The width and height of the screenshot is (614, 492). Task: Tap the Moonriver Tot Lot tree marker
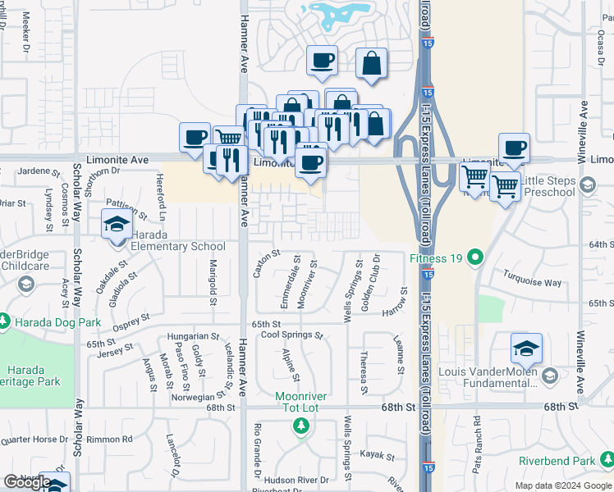pos(301,426)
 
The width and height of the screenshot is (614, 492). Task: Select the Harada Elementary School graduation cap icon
pos(116,223)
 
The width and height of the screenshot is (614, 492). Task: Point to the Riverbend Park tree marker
pos(606,461)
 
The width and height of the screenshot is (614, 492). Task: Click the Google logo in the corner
pos(27,482)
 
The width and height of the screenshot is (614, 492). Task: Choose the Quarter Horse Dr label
pos(33,439)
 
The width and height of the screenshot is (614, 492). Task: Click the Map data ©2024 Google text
pos(563,485)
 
